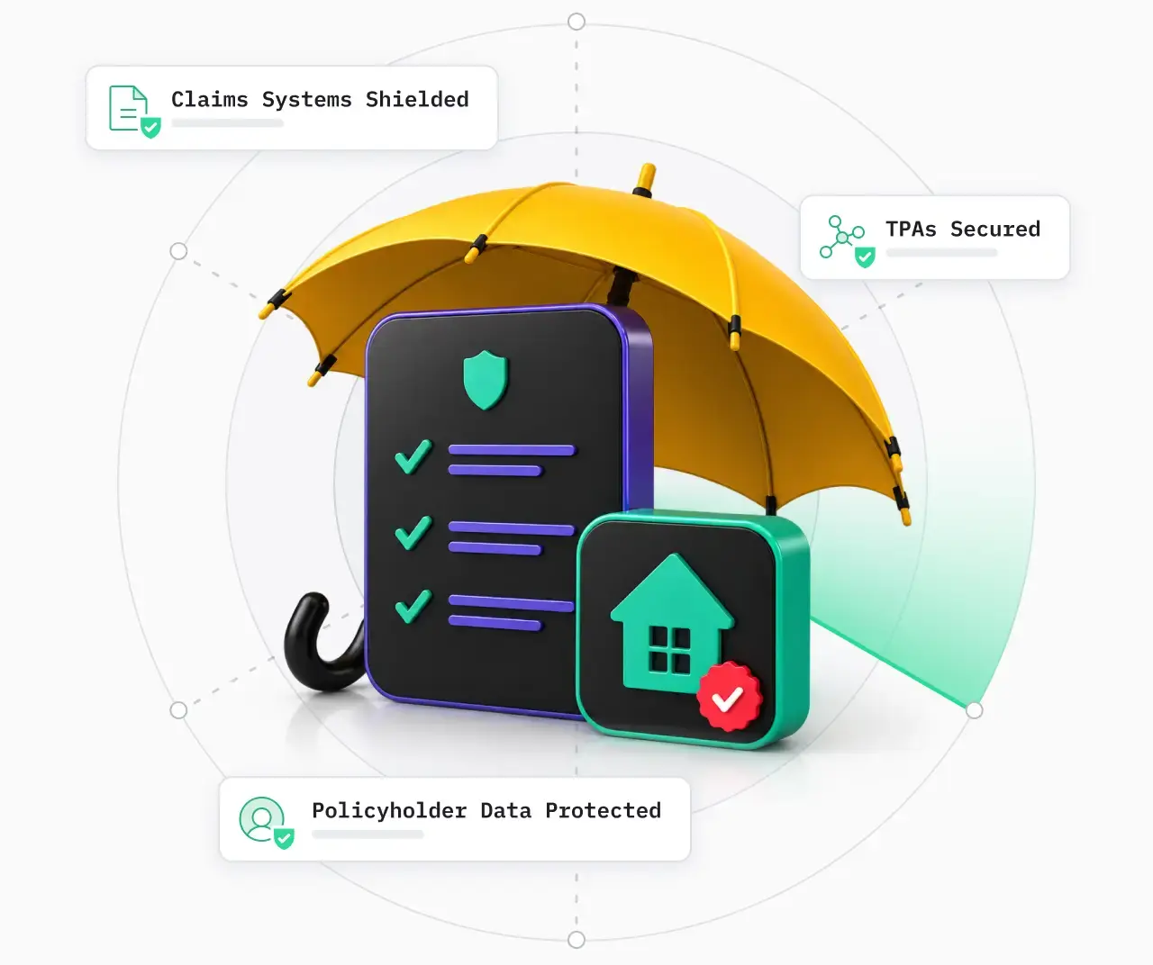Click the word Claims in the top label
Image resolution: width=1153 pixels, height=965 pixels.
(x=209, y=99)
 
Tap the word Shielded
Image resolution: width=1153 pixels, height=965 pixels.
(x=417, y=99)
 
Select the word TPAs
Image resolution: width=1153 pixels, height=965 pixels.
(x=911, y=229)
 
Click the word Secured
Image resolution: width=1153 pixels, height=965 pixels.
(x=995, y=229)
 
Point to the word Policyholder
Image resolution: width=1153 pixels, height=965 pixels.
(x=389, y=810)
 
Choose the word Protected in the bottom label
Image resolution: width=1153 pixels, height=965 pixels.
(x=603, y=810)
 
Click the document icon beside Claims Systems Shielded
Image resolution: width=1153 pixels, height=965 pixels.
(x=134, y=112)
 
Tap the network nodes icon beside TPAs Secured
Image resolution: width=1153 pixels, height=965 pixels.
(x=848, y=241)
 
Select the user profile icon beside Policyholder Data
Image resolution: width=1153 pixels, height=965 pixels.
(x=266, y=823)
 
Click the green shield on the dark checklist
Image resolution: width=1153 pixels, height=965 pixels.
(x=485, y=380)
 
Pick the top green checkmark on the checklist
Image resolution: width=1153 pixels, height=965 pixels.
(x=413, y=456)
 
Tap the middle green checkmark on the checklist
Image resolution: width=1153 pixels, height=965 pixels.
(x=413, y=532)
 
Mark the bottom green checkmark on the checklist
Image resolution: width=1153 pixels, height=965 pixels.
(x=413, y=607)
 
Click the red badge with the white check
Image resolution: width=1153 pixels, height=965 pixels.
(x=729, y=697)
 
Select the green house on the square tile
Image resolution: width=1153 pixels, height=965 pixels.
(x=672, y=624)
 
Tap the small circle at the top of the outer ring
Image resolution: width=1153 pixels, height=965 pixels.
(x=576, y=22)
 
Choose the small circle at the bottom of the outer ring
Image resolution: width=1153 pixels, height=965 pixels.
(x=576, y=940)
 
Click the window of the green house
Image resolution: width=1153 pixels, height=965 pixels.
(x=670, y=649)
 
